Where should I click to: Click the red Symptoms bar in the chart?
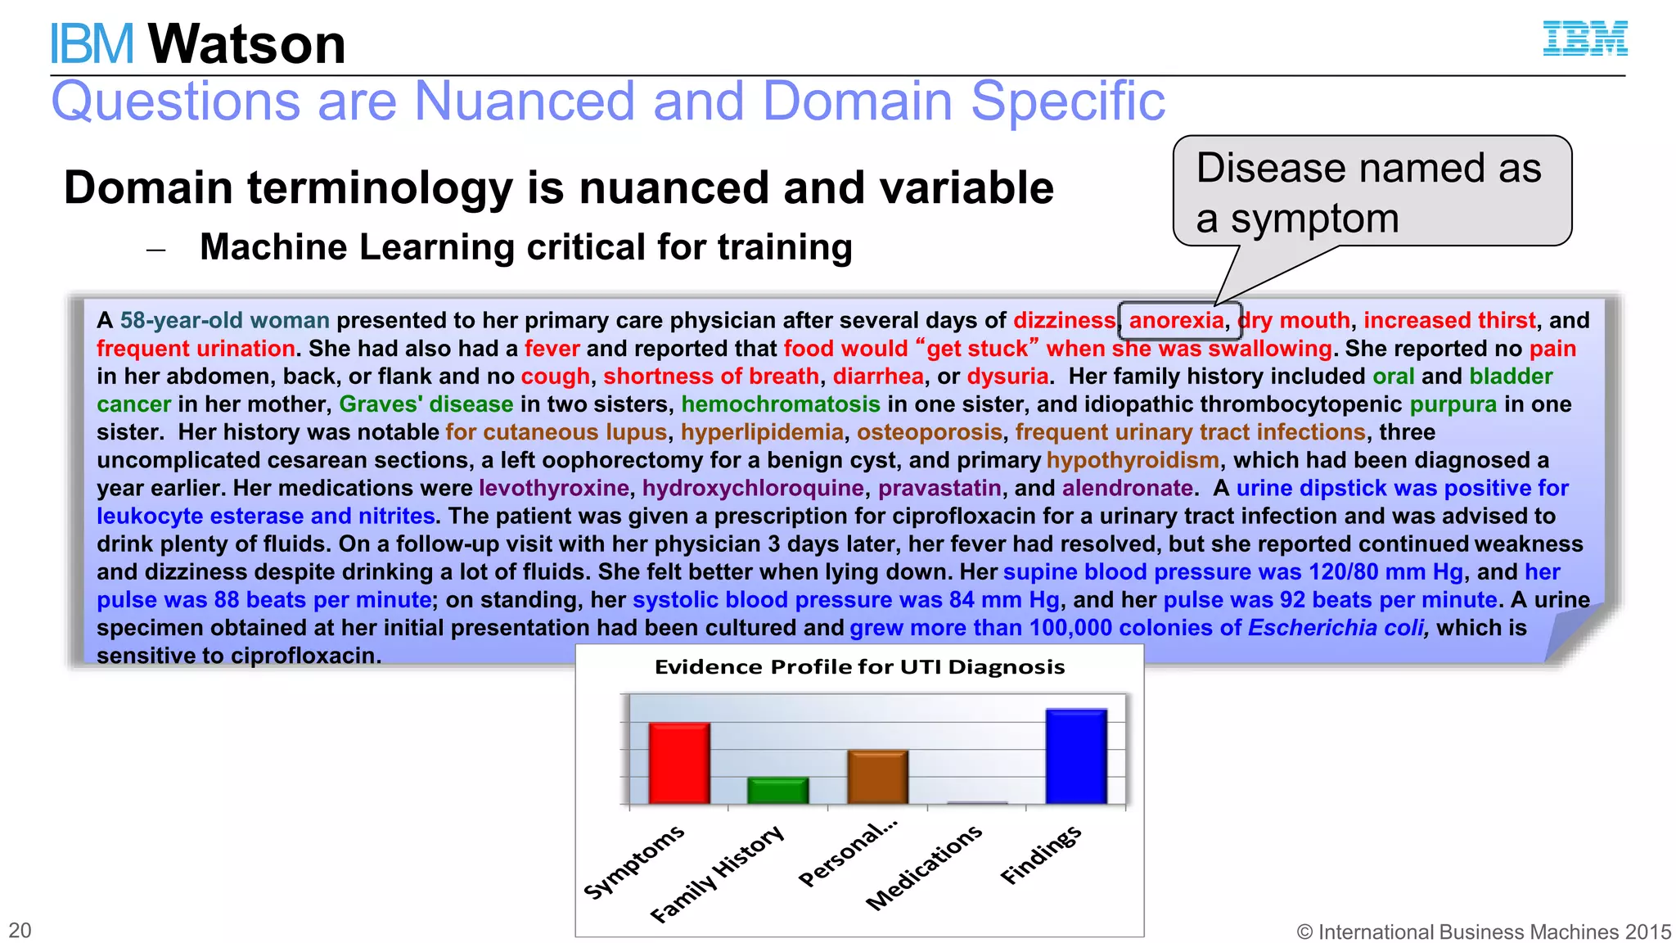(x=678, y=762)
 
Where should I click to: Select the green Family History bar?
(x=777, y=790)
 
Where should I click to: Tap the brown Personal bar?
(x=877, y=776)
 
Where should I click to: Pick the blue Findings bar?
(x=1075, y=756)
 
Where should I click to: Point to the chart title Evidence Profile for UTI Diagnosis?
(x=859, y=667)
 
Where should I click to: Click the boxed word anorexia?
(x=1176, y=320)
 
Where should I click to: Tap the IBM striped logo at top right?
(x=1585, y=38)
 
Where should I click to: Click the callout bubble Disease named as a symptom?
(x=1372, y=192)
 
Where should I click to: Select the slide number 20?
(x=20, y=931)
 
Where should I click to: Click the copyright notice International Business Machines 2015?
(x=1483, y=932)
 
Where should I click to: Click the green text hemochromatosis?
(x=780, y=404)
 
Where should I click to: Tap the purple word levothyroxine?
(x=554, y=488)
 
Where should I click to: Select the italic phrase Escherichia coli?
(x=1337, y=628)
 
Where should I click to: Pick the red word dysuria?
(x=1007, y=377)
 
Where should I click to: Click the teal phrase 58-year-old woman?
(x=224, y=320)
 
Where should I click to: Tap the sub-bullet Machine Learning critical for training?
(x=525, y=247)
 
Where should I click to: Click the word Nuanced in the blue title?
(x=525, y=102)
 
